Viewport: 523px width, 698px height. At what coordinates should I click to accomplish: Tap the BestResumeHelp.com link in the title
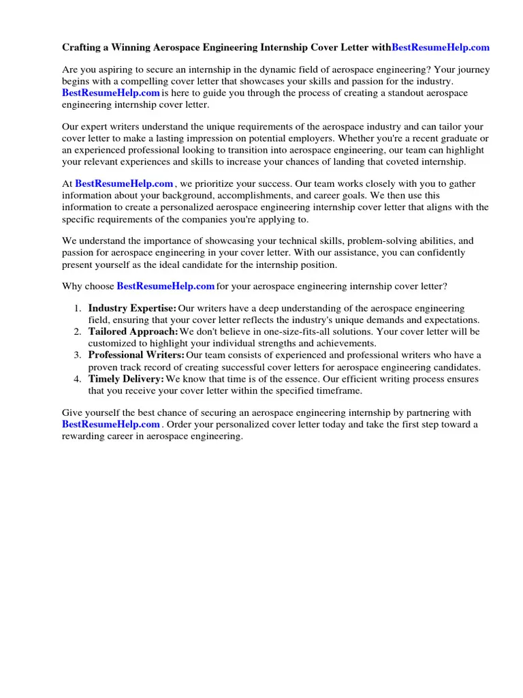click(441, 48)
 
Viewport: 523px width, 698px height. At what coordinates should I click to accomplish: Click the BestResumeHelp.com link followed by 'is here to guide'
click(111, 93)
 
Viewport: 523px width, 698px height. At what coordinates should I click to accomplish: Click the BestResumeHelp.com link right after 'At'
click(124, 184)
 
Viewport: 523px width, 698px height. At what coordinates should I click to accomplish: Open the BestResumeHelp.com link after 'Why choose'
click(165, 286)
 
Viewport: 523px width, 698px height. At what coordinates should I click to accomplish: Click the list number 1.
click(78, 309)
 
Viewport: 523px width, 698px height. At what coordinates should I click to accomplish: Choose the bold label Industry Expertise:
click(132, 309)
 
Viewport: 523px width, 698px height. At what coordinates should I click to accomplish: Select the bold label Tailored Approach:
click(133, 332)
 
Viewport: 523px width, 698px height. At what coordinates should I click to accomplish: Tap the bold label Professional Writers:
click(136, 355)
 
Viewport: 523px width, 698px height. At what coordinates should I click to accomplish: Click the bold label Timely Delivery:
click(126, 379)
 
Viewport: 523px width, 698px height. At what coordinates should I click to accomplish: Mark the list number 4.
click(78, 379)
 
